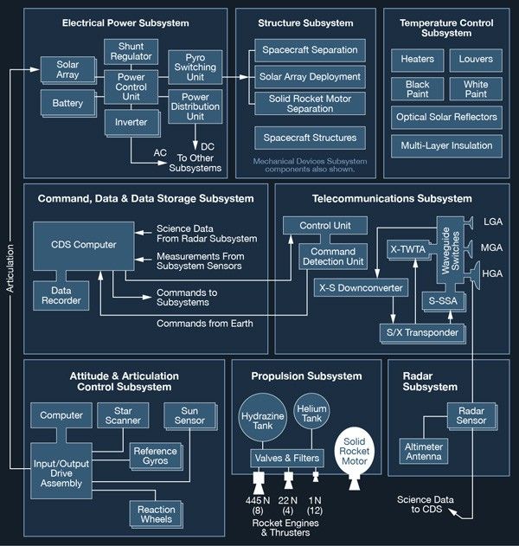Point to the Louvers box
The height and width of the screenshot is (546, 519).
475,60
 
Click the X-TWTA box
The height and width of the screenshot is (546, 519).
407,248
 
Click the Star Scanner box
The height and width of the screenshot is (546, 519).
124,415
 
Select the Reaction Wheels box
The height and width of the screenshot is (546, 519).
156,515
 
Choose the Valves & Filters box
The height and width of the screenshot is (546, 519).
287,458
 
